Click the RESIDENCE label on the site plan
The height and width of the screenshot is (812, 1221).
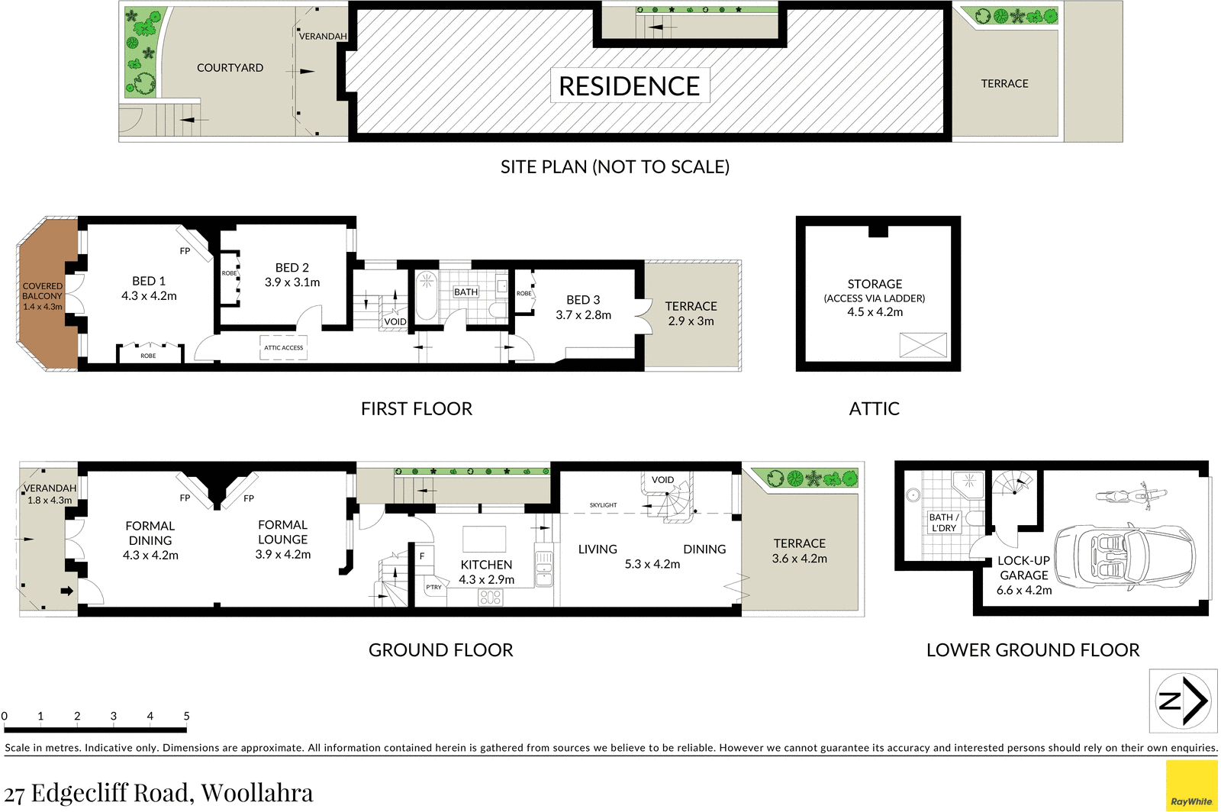629,86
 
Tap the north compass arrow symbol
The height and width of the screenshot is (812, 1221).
1184,701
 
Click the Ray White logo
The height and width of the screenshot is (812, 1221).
1191,786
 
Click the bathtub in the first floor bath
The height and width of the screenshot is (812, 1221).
427,296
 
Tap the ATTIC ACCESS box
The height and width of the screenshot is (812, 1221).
283,347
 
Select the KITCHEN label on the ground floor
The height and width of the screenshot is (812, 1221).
486,565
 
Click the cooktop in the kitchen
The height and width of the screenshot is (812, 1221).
491,598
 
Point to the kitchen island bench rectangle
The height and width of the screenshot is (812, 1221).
484,540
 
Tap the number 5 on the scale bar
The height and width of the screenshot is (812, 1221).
186,716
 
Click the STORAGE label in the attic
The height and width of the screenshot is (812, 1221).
875,284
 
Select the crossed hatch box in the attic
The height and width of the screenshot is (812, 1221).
923,345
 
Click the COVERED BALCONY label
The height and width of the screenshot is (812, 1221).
43,291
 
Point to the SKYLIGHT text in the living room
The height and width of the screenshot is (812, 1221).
603,505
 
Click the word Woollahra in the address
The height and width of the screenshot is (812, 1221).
257,793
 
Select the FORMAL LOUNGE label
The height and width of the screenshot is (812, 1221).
282,532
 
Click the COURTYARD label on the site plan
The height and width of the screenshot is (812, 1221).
230,68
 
